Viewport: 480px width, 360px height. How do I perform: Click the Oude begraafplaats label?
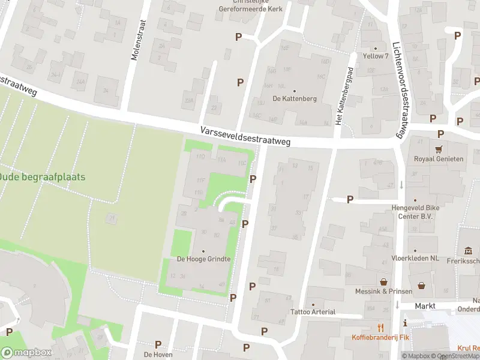coord(42,177)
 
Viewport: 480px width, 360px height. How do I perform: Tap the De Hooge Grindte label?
coord(203,259)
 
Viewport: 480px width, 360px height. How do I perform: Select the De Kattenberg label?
coord(294,98)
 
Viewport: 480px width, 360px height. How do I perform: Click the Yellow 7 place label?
coord(376,56)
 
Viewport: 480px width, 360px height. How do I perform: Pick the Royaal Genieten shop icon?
coord(439,149)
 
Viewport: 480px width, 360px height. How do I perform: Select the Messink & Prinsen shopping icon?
coord(383,281)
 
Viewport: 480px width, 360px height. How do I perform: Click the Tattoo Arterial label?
coord(313,312)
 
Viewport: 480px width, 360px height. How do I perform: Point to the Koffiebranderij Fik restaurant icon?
coord(380,327)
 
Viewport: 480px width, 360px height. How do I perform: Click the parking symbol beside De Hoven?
coord(158,344)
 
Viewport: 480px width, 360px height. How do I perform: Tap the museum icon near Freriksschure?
coord(467,250)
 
